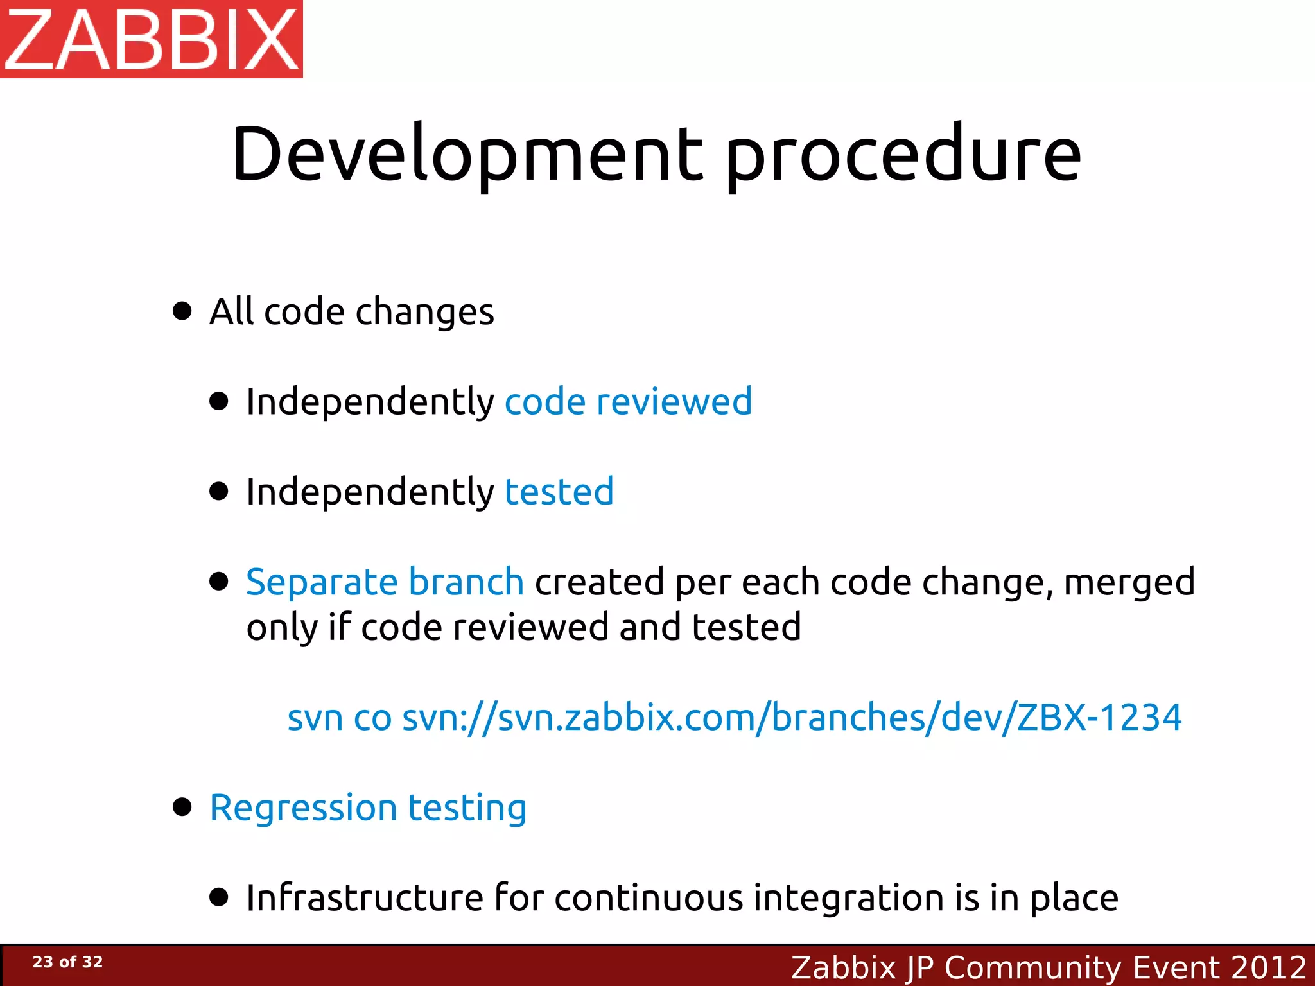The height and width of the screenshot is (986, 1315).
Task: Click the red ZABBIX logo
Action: [152, 39]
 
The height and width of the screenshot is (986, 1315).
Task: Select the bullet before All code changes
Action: [182, 311]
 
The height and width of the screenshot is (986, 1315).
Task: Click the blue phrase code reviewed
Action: [628, 402]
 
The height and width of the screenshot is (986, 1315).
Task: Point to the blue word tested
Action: [559, 492]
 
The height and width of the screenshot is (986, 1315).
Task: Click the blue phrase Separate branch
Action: [385, 582]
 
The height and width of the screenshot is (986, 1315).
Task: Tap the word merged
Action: [1129, 582]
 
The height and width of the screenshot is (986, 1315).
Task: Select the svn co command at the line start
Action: [339, 718]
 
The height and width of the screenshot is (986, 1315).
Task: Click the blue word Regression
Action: [303, 808]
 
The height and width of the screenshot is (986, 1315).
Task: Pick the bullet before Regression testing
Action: [182, 807]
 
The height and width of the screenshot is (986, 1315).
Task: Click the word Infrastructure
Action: [365, 897]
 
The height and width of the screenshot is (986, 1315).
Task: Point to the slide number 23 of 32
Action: [67, 962]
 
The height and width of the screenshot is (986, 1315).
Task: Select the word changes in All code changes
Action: [424, 313]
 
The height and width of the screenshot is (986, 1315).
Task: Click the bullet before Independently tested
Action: [219, 492]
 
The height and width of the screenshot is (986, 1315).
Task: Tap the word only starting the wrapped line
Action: [281, 628]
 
